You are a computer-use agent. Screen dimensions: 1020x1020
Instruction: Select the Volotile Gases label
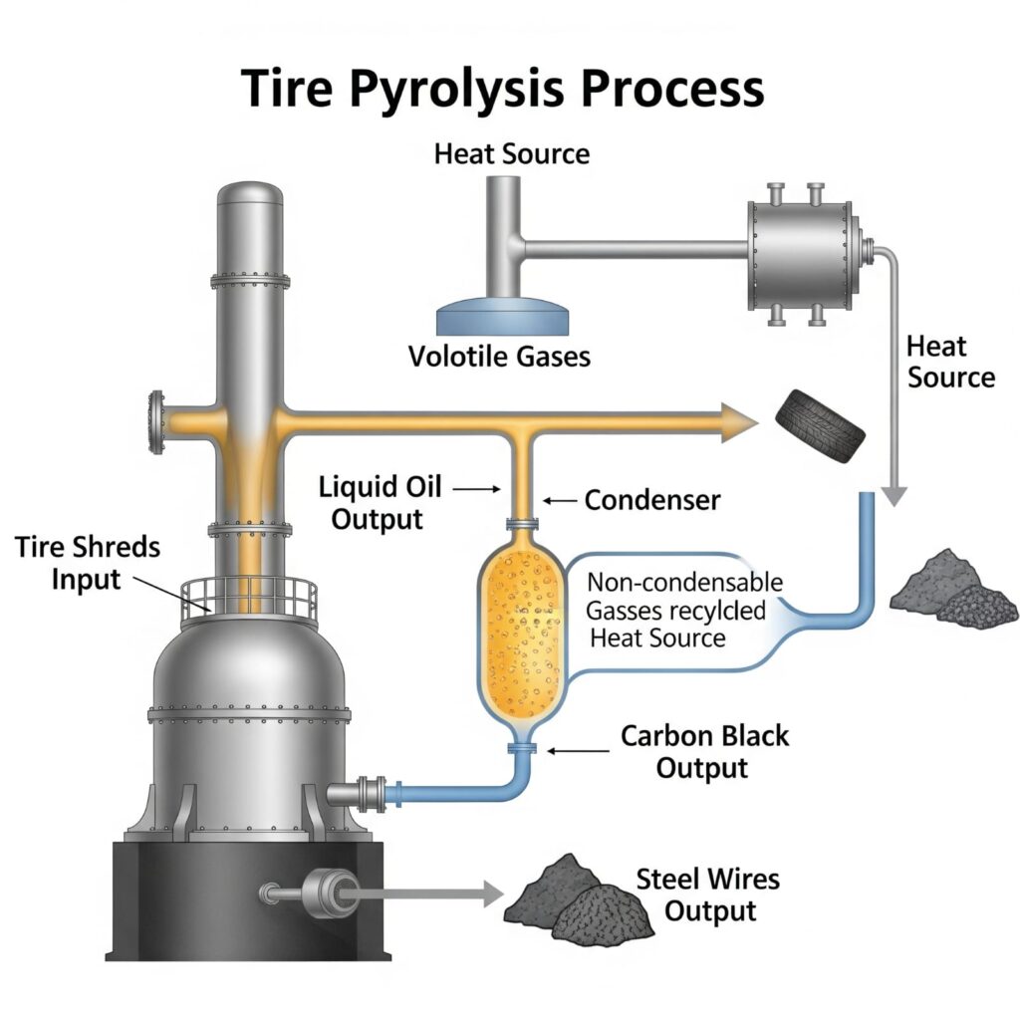click(x=499, y=356)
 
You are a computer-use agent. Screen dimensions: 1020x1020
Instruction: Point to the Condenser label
click(x=651, y=499)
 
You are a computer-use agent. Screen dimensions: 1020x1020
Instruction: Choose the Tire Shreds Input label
click(x=89, y=562)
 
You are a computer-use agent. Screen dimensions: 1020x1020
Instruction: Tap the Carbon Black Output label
click(x=704, y=752)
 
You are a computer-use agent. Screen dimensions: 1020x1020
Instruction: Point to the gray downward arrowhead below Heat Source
click(x=895, y=492)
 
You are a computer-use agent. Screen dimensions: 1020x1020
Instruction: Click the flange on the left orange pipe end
click(x=155, y=420)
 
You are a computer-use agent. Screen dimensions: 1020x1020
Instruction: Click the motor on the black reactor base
click(x=328, y=891)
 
